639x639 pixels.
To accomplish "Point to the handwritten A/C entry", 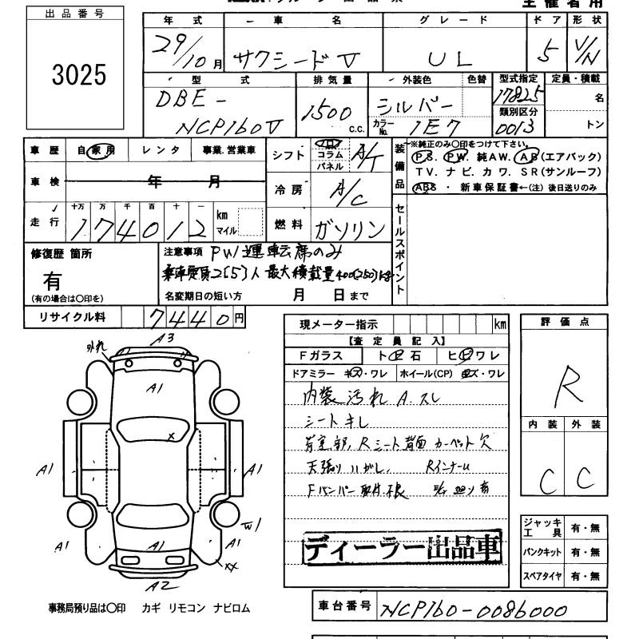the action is pos(348,192).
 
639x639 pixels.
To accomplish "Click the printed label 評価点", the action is pos(566,322).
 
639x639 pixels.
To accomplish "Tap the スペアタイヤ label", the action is pos(542,575).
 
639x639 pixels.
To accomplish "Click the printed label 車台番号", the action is pos(341,608).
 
